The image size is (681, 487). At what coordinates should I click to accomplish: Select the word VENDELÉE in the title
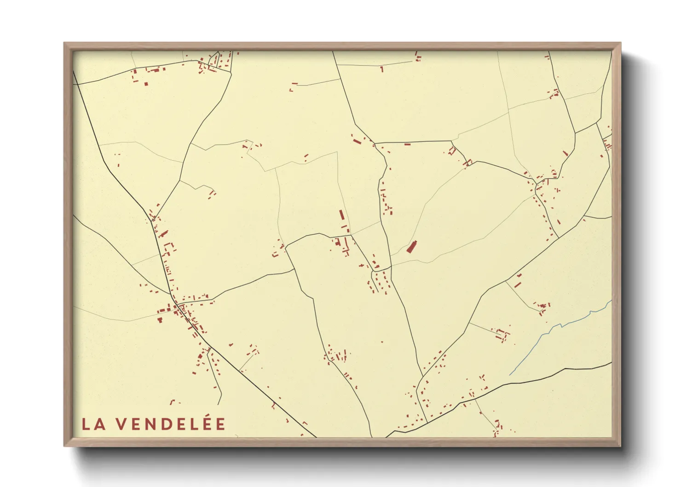[170, 424]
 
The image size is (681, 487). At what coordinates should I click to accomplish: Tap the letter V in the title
[121, 424]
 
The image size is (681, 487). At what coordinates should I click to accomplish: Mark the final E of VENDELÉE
[220, 424]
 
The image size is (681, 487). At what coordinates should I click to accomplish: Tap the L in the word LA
[86, 424]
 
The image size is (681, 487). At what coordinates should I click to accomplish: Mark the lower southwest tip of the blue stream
[510, 374]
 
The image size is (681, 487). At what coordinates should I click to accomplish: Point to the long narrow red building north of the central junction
[341, 215]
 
